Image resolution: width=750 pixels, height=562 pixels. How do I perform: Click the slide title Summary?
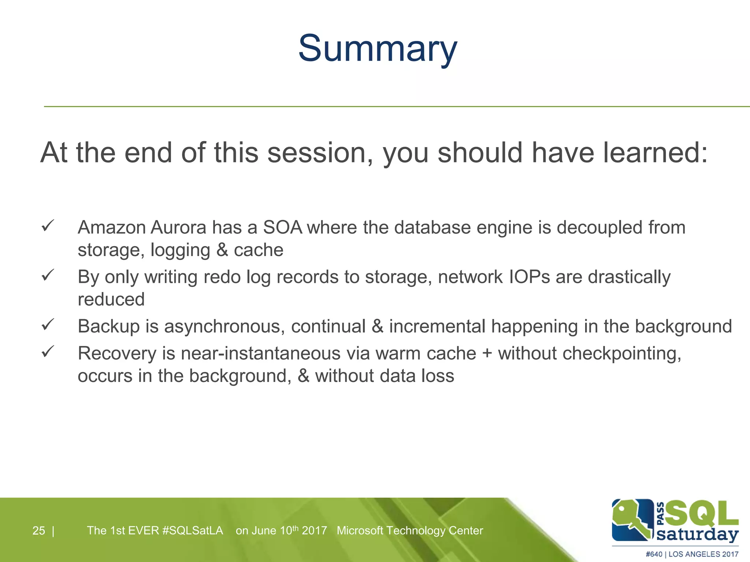click(x=378, y=49)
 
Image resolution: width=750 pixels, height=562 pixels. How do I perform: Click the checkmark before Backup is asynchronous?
click(x=48, y=324)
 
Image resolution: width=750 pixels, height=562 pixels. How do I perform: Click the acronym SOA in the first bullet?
click(x=282, y=228)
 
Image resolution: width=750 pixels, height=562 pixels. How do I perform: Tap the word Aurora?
click(x=178, y=228)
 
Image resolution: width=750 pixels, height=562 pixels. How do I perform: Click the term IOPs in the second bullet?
click(x=529, y=277)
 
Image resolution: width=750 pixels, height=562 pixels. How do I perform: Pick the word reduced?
click(x=111, y=300)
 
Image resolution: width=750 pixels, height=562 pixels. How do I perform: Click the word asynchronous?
click(x=224, y=326)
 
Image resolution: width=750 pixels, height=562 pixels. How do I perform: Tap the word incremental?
click(x=437, y=326)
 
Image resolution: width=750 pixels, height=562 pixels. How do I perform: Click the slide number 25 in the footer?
click(x=38, y=531)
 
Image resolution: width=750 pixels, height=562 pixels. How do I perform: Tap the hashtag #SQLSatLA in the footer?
click(x=192, y=531)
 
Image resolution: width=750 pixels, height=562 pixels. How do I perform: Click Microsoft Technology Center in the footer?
click(x=410, y=531)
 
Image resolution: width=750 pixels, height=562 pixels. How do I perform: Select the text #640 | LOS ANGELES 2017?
click(x=692, y=554)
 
